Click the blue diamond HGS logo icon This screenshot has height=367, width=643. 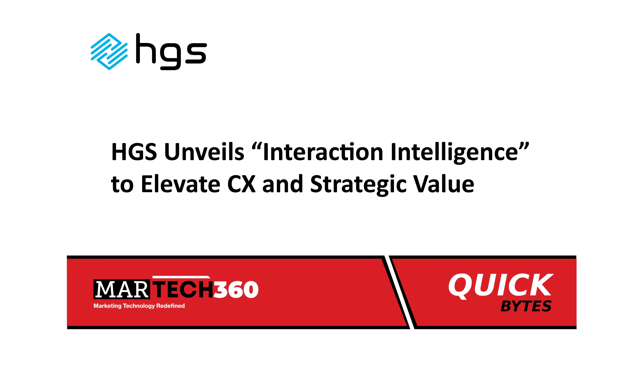[x=109, y=51]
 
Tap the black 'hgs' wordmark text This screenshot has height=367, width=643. [x=171, y=51]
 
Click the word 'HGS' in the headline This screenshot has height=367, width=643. [x=134, y=152]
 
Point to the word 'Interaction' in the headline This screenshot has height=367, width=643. [x=323, y=152]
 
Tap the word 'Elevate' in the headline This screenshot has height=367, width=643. [x=181, y=184]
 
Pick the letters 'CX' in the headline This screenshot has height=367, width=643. [x=241, y=184]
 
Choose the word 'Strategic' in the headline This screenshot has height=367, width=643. [x=358, y=185]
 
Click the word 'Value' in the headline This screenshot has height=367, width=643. [x=444, y=184]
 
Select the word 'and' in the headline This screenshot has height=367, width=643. [x=283, y=184]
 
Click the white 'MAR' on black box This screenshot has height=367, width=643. [x=122, y=289]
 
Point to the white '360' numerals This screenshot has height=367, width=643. [x=236, y=289]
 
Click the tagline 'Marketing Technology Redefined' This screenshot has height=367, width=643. [x=139, y=306]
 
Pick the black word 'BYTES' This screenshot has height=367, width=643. [x=526, y=306]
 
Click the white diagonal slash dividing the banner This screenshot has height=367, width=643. [x=399, y=292]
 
